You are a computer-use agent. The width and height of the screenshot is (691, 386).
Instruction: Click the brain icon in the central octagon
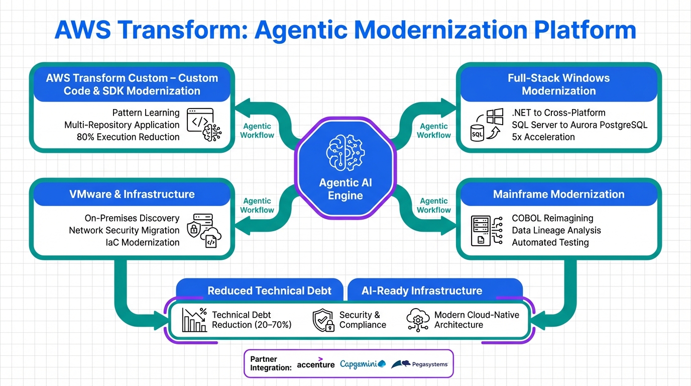[x=345, y=151]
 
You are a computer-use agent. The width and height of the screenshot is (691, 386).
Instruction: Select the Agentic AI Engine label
[x=345, y=189]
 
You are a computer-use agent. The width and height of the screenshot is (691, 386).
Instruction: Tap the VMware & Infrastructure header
[x=132, y=194]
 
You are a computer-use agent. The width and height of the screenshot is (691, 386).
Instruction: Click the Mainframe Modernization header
[x=558, y=194]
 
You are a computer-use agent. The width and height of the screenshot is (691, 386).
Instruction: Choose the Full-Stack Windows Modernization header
[x=558, y=84]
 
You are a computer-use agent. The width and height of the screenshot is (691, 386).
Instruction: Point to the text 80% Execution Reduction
[x=128, y=137]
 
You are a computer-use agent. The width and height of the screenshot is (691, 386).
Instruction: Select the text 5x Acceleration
[x=543, y=137]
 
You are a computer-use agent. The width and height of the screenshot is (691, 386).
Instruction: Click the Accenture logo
[x=315, y=364]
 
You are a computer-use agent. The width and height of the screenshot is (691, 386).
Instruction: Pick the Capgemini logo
[x=362, y=364]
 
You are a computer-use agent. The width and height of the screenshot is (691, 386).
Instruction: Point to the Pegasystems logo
[x=419, y=364]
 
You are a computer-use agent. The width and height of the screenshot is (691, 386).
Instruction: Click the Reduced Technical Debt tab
[x=270, y=291]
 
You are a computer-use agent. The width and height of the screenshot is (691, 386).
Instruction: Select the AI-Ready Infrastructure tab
[x=422, y=291]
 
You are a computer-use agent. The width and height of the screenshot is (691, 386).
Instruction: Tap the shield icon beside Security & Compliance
[x=323, y=320]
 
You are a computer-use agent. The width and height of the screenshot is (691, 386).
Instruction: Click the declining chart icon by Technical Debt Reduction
[x=194, y=320]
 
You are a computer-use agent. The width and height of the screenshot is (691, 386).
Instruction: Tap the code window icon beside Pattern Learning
[x=200, y=121]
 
